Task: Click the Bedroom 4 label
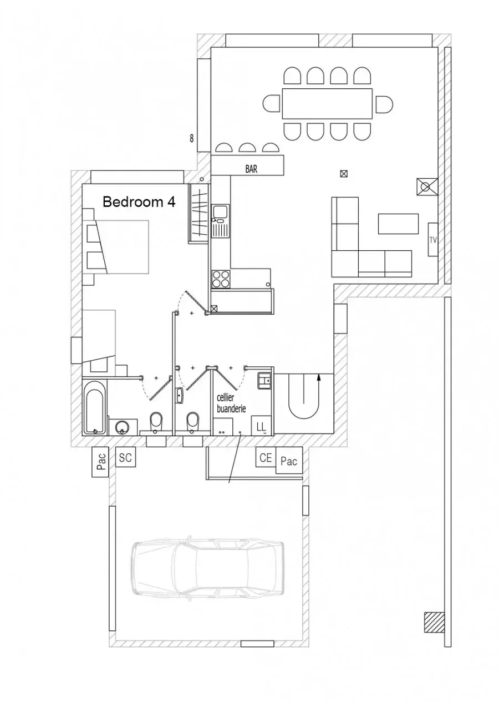coord(139,201)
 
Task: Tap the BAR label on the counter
coord(251,169)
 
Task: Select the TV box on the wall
coord(433,240)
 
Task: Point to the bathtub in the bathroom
coord(94,407)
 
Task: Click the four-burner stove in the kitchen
coord(221,279)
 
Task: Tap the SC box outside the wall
coord(125,457)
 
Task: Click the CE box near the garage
coord(266,457)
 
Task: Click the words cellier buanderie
coord(231,403)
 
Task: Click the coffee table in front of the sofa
coord(398,224)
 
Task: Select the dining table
coord(327,104)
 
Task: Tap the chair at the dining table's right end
coord(384,104)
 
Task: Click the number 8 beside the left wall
coord(191,138)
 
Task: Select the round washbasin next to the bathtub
coord(122,428)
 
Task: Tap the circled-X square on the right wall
coord(427,187)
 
